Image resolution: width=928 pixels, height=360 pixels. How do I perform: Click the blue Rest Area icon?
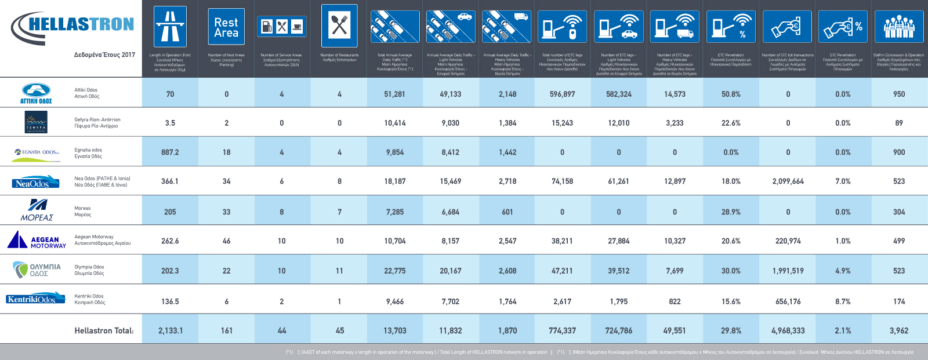click(x=226, y=27)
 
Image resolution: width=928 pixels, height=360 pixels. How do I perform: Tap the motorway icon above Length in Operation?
click(x=170, y=27)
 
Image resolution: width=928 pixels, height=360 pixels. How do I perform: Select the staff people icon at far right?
click(x=898, y=27)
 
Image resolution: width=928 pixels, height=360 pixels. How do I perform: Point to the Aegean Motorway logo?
click(x=37, y=240)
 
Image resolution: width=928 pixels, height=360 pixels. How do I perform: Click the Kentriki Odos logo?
click(x=32, y=299)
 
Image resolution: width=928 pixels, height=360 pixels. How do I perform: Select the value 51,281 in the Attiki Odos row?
click(x=394, y=94)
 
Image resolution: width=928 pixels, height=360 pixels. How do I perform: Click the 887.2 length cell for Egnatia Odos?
click(x=170, y=152)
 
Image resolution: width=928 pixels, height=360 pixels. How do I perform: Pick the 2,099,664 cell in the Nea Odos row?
click(x=788, y=181)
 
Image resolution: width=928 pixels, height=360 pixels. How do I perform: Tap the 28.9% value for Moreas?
click(x=731, y=212)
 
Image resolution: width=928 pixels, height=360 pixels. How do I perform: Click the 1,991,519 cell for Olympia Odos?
click(x=788, y=271)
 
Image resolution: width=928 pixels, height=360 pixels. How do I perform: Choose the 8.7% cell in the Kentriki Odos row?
click(x=843, y=301)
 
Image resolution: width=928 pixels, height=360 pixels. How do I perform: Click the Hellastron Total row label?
click(x=104, y=330)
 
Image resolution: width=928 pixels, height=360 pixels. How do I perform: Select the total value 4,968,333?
click(x=788, y=330)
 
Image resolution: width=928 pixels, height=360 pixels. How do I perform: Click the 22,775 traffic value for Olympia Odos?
click(x=394, y=271)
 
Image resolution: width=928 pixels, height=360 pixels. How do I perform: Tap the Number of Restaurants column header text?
click(x=339, y=57)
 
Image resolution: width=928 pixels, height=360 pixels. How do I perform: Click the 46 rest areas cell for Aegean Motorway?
click(x=226, y=241)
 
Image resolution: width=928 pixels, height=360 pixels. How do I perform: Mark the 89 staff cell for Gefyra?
click(x=898, y=123)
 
